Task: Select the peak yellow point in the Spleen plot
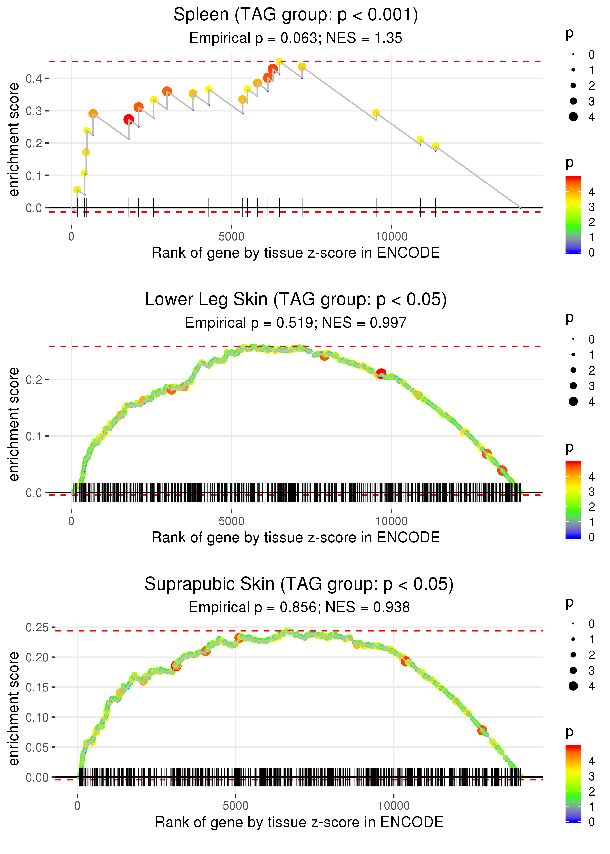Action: [279, 61]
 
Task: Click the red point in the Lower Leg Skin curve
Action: [381, 373]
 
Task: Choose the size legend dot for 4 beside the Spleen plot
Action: [573, 117]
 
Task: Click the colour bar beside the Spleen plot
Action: [573, 214]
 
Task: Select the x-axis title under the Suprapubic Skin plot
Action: [299, 822]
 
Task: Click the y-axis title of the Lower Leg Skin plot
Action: [14, 424]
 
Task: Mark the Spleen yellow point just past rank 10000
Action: [420, 140]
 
